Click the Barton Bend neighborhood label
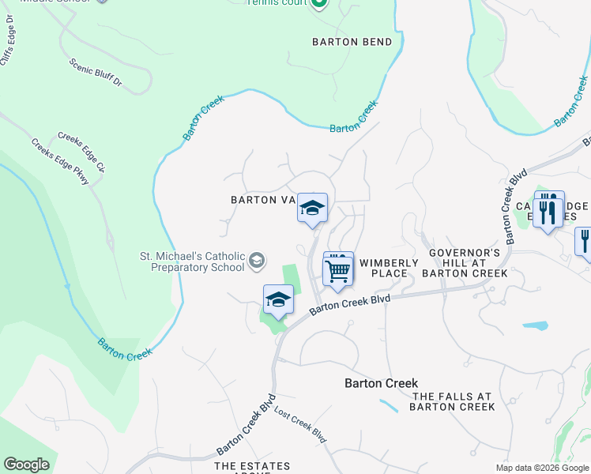[x=352, y=42]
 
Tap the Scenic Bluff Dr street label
[x=96, y=71]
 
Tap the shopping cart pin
[x=338, y=270]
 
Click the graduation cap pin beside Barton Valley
[x=312, y=209]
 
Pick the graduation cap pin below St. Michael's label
[x=278, y=300]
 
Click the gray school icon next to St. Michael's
[x=257, y=261]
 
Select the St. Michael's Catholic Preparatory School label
[x=193, y=261]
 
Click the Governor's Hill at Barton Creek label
[x=465, y=262]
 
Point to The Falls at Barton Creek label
[x=452, y=401]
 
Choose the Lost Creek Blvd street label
[x=300, y=424]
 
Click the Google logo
[x=26, y=465]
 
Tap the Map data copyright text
[x=541, y=468]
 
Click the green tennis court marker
[x=319, y=4]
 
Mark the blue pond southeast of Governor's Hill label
[x=535, y=325]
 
